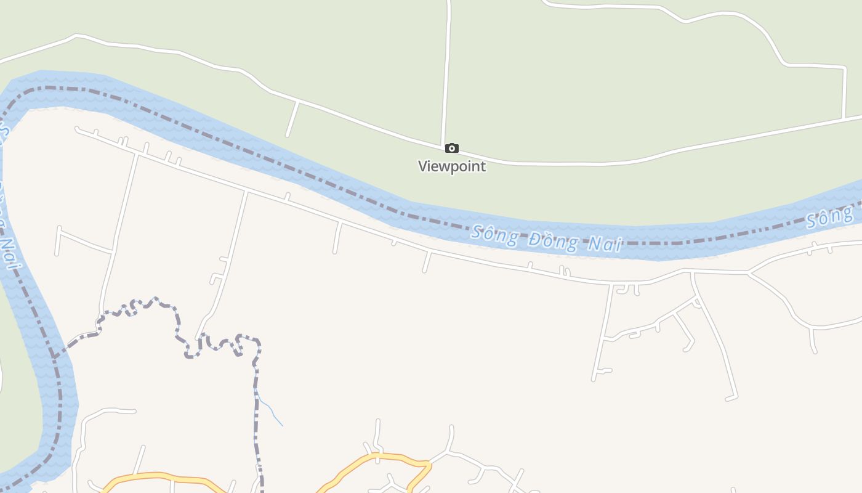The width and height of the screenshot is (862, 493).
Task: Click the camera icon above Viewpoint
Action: coord(451,148)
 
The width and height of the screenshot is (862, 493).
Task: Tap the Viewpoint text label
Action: coord(452,166)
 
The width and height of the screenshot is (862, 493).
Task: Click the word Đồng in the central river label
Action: coord(553,241)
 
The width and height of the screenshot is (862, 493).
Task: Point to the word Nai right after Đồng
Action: coord(605,244)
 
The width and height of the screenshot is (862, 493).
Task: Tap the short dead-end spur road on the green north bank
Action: coord(292,119)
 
